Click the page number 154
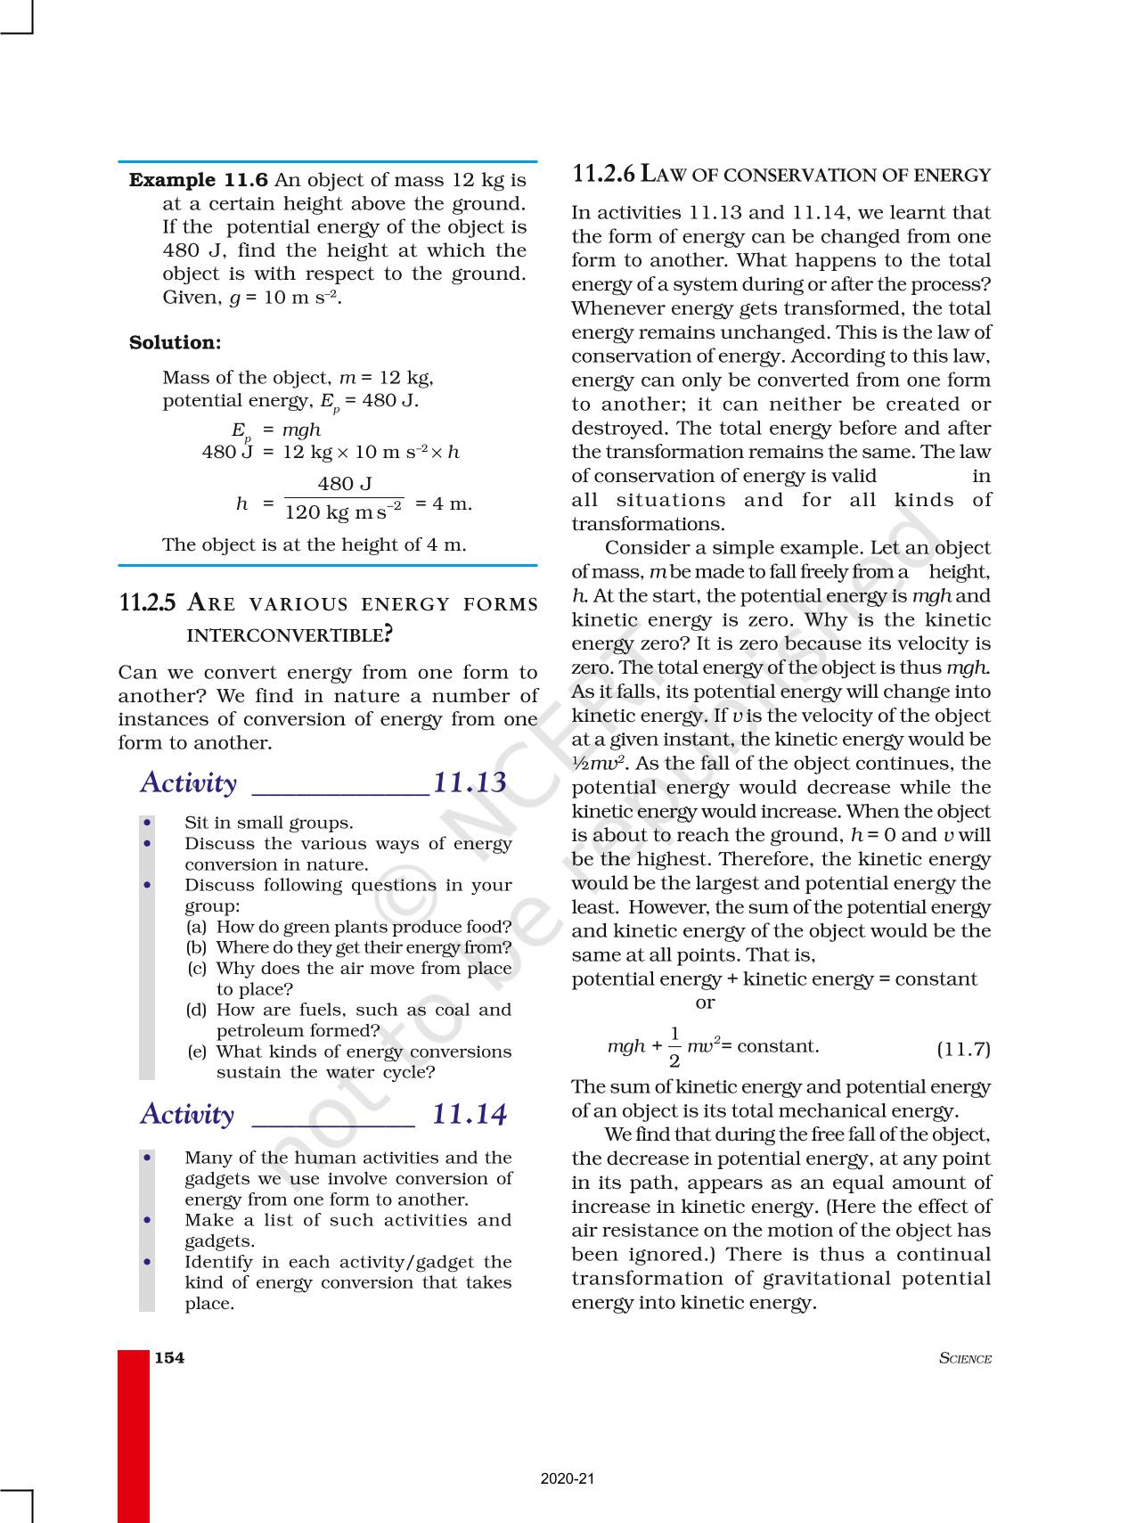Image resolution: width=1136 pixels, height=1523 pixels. coord(169,1358)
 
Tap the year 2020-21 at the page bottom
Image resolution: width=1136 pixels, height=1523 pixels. coord(567,1478)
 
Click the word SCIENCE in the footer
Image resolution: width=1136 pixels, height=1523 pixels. coord(965,1359)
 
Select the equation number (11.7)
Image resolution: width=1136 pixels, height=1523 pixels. coord(963,1049)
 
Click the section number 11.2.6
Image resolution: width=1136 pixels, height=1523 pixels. coord(603,174)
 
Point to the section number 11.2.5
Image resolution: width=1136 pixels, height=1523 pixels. coord(147,603)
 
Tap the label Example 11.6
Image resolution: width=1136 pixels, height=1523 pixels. coord(198,180)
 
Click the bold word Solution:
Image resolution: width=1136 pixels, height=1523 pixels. coord(175,343)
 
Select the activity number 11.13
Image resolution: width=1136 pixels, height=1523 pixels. coord(470,782)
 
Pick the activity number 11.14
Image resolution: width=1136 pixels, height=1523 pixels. coord(470,1114)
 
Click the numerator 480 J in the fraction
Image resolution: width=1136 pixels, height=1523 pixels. coord(345,484)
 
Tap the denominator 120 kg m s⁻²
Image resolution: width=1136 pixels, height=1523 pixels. coord(344,512)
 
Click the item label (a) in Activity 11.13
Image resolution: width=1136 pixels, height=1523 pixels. coord(196,927)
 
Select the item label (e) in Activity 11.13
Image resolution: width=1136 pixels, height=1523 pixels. coord(197,1052)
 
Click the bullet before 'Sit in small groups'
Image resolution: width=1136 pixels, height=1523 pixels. coord(147,823)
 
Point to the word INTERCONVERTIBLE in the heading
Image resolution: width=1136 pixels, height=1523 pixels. coord(286,635)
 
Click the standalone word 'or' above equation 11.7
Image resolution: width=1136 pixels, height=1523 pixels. coord(705,1003)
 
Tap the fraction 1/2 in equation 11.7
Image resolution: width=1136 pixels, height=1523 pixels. coord(674,1047)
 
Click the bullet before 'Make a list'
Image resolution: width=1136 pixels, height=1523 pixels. coord(147,1221)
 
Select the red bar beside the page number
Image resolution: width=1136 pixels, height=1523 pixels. coord(134,1435)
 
